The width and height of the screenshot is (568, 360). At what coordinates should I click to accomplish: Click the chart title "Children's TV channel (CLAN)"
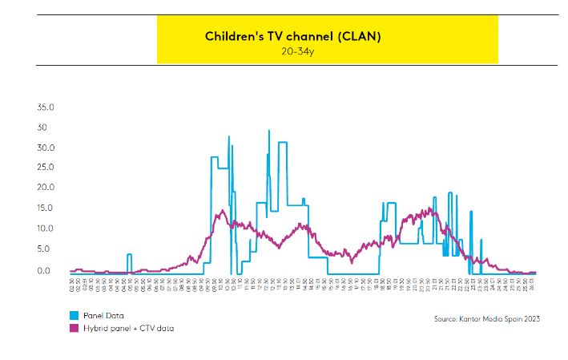click(292, 37)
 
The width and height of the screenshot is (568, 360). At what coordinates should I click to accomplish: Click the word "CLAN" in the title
click(362, 37)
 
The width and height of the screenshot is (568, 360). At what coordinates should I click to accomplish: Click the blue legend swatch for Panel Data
click(75, 315)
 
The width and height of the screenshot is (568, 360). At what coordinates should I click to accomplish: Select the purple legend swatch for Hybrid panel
click(75, 328)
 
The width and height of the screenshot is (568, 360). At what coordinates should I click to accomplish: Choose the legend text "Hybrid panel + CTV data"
click(128, 328)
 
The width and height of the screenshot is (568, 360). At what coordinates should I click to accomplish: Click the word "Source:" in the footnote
click(447, 318)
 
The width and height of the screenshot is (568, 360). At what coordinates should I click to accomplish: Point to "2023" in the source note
click(530, 318)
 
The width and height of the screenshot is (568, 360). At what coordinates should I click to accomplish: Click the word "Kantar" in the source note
click(476, 318)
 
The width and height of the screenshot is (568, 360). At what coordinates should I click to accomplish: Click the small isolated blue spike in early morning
click(128, 255)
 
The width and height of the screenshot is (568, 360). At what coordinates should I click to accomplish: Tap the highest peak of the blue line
click(268, 131)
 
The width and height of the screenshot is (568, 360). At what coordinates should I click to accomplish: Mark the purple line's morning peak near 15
click(222, 212)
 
